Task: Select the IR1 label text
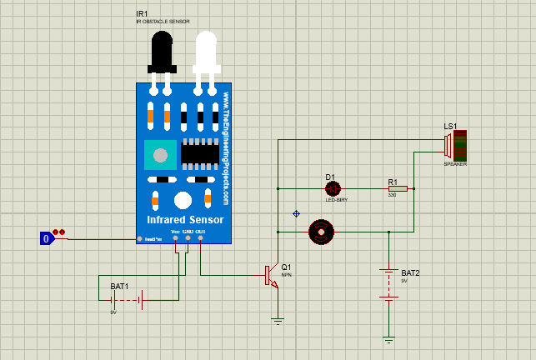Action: (x=142, y=14)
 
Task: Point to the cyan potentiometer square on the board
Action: (x=160, y=155)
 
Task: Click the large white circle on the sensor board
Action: (x=183, y=201)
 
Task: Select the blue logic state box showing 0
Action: (x=48, y=239)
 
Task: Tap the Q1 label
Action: (x=286, y=267)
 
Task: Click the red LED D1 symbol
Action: (x=331, y=189)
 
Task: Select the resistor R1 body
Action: (x=398, y=189)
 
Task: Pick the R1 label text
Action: (x=393, y=181)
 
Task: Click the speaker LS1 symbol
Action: (x=453, y=146)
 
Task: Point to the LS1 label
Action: (x=450, y=126)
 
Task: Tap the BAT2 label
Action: (x=410, y=272)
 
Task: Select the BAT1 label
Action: (x=119, y=286)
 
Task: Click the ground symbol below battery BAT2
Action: (x=388, y=338)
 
